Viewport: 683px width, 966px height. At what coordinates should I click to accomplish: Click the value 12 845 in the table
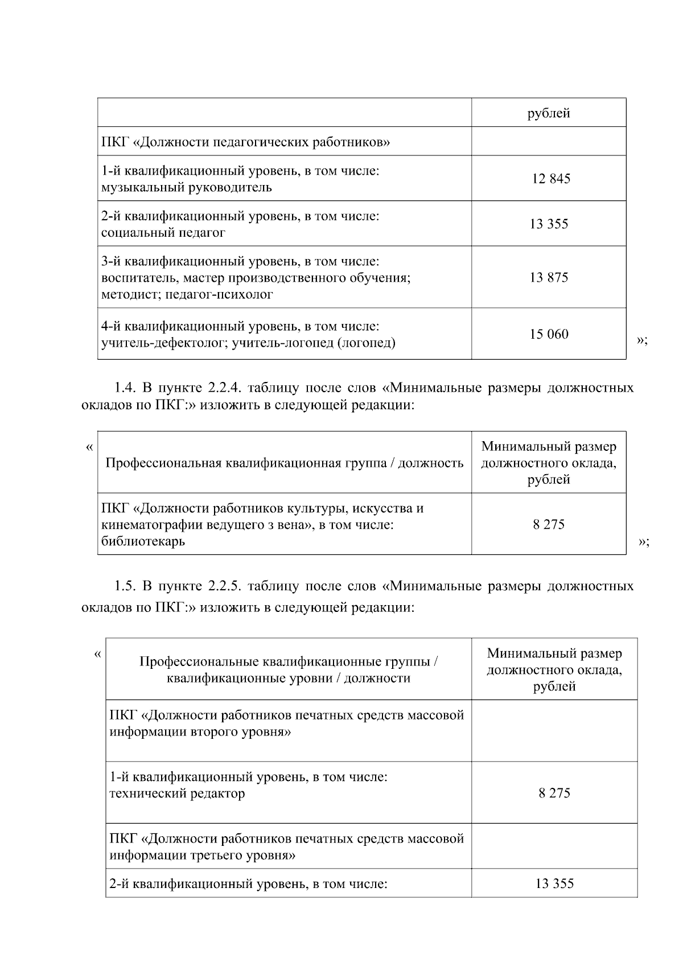pos(551,179)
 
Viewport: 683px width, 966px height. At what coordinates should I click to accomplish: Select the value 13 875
pos(549,278)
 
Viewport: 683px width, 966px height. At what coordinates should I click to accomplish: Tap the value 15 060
pos(549,334)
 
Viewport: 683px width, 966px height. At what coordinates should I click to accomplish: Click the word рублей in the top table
pos(549,113)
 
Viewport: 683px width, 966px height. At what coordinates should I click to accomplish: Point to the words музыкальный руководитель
pos(186,187)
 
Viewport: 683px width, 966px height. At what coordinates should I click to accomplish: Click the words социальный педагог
pos(163,232)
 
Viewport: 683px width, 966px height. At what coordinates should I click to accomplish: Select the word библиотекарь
pos(143,541)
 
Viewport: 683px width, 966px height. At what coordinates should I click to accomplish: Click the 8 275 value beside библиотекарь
pos(549,524)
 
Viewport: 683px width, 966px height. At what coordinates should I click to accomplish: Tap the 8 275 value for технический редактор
pos(554,793)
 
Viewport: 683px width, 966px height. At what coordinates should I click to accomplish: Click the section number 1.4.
pos(125,388)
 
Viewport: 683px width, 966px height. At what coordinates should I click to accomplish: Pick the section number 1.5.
pos(125,586)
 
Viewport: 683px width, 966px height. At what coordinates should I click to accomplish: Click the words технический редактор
pos(177,793)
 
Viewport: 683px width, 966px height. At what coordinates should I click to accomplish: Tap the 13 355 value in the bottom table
pos(554,883)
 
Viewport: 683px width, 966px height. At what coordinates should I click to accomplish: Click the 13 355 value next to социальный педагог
pos(549,224)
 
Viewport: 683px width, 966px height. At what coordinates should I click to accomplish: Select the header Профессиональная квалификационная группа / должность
pos(285,463)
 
